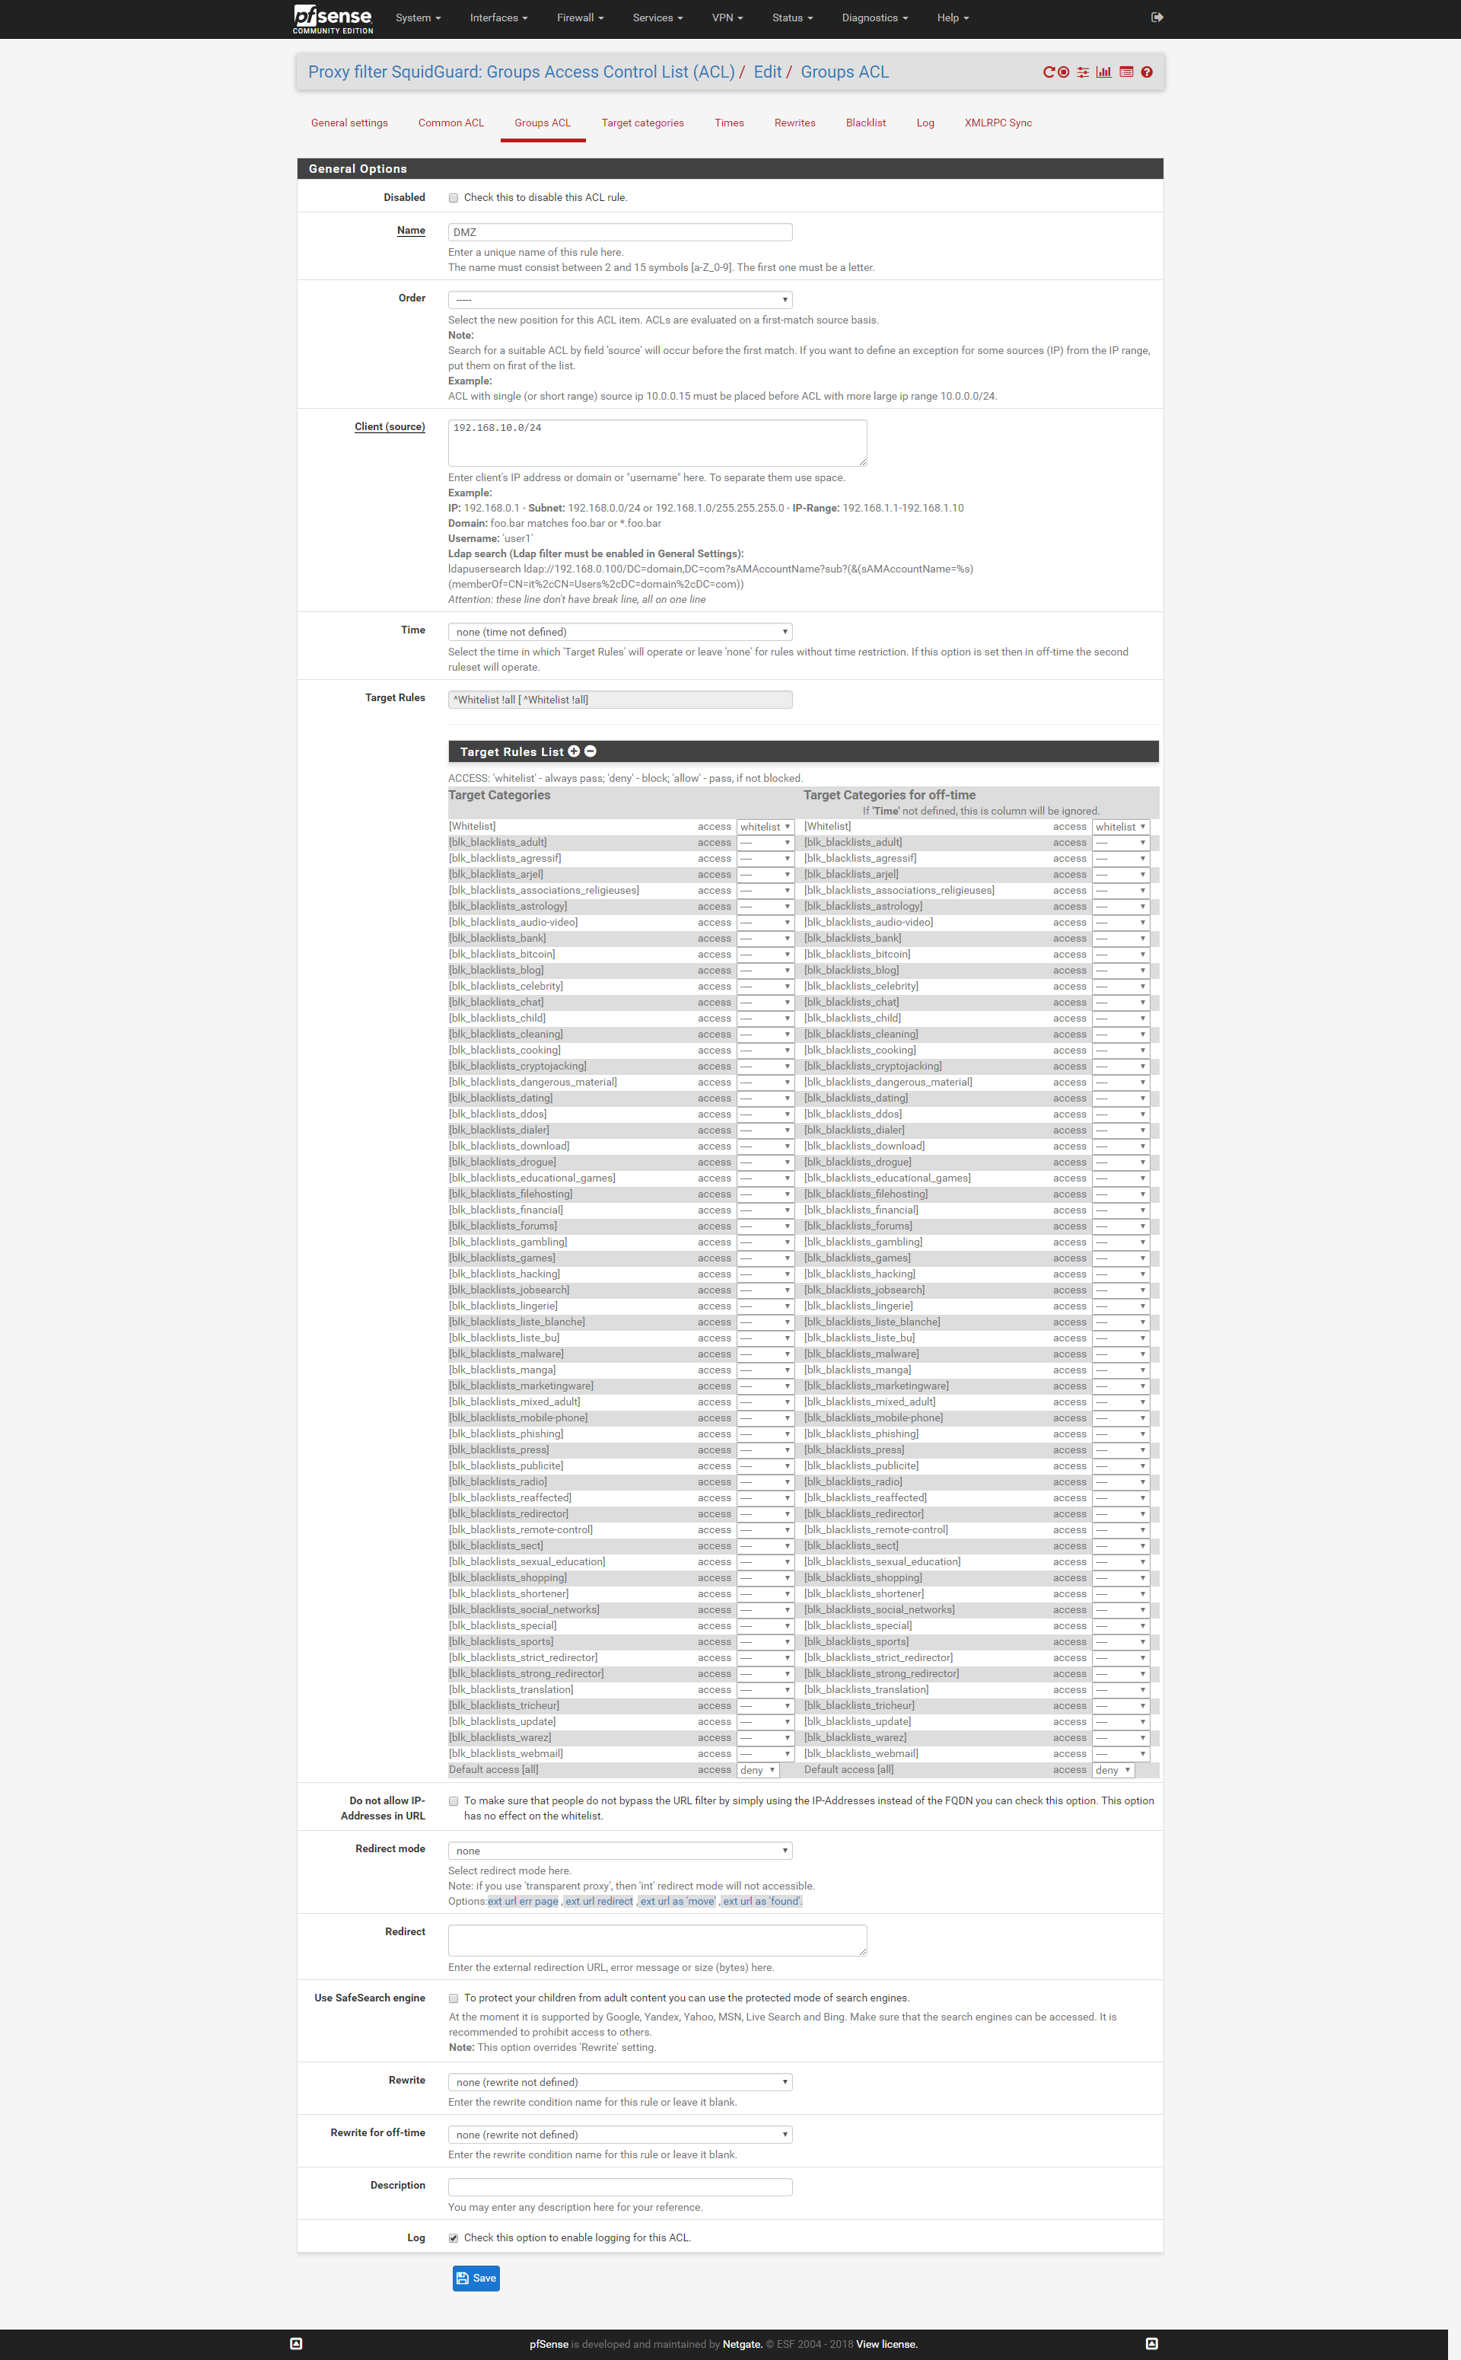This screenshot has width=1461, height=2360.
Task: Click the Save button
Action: click(476, 2278)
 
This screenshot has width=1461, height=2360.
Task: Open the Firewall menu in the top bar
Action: click(580, 18)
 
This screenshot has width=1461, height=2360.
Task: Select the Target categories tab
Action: click(642, 123)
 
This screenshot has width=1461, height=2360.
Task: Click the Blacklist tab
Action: click(865, 123)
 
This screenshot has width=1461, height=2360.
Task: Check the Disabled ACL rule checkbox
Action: click(454, 198)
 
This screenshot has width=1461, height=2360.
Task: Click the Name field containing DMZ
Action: click(619, 232)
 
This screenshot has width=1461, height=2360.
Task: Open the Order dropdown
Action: click(619, 300)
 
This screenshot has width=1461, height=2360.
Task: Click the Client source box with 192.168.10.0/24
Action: click(657, 442)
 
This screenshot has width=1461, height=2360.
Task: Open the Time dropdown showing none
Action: click(619, 632)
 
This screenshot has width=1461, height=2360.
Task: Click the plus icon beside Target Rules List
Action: click(574, 751)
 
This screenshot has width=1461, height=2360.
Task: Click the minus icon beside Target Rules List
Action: click(590, 751)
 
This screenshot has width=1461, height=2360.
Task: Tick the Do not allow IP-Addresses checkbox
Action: click(454, 1801)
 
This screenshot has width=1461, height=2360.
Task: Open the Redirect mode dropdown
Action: click(619, 1851)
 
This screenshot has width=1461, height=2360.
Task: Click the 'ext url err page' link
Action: click(523, 1901)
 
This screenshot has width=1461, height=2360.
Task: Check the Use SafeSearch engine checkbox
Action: click(454, 1998)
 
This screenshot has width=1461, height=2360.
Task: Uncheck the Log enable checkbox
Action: click(454, 2238)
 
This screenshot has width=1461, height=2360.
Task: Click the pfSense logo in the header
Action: click(333, 18)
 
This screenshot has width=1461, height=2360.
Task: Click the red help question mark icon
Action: click(1147, 72)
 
